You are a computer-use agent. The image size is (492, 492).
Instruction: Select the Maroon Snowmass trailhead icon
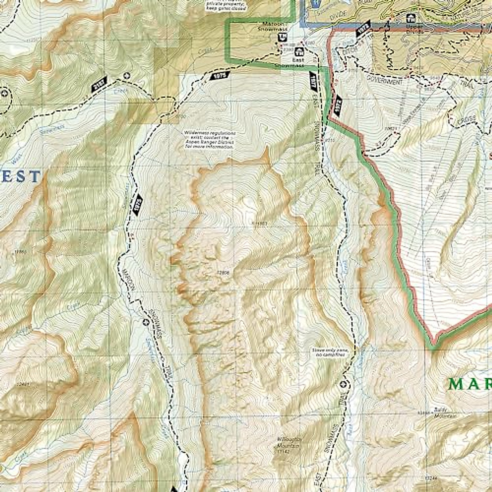[282, 37]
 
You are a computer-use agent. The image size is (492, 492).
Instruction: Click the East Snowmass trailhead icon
[300, 52]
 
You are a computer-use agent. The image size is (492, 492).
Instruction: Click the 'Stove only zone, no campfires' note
[332, 352]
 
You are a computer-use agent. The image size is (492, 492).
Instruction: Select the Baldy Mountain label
[440, 412]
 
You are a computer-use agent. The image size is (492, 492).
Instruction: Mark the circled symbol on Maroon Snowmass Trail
[145, 322]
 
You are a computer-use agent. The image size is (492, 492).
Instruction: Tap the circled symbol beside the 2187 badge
[126, 75]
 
